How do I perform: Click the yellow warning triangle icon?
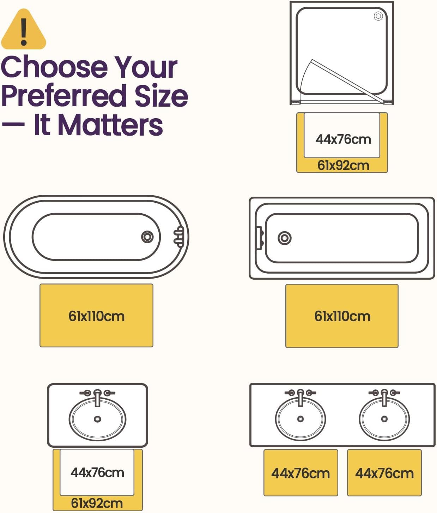(x=24, y=29)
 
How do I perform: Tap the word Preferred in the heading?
(x=64, y=96)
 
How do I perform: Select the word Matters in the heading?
(x=110, y=125)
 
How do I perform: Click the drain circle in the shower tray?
(x=378, y=16)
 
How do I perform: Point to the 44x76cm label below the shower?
(x=343, y=139)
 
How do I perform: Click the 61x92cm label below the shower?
(x=343, y=165)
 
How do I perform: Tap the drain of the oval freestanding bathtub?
(x=147, y=237)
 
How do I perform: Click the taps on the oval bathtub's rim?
(x=179, y=237)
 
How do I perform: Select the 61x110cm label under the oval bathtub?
(x=96, y=316)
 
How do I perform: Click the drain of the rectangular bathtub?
(x=285, y=238)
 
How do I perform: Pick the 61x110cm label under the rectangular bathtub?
(x=342, y=316)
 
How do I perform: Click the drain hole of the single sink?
(x=97, y=419)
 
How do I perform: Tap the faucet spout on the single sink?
(x=98, y=398)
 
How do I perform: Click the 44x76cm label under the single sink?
(x=97, y=472)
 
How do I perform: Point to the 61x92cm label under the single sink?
(x=97, y=503)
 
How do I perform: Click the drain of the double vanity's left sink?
(x=301, y=419)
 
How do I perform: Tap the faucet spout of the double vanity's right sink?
(x=384, y=398)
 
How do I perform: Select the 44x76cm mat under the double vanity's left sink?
(x=301, y=473)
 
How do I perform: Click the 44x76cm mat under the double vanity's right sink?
(x=384, y=473)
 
